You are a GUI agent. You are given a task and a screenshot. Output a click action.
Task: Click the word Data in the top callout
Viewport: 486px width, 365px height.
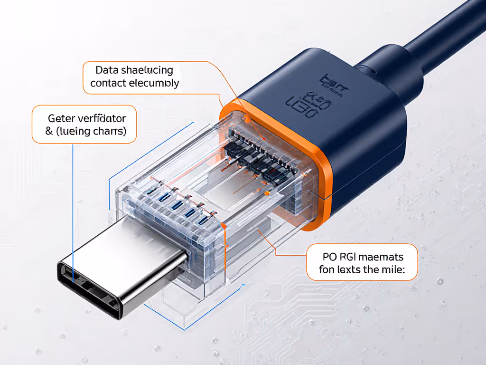(x=106, y=70)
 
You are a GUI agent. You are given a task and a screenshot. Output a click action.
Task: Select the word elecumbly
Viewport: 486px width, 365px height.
(x=154, y=83)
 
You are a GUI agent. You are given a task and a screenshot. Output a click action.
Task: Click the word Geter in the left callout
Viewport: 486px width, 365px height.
(x=62, y=118)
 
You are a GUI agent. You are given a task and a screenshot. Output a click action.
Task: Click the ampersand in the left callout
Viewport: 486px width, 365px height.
(x=49, y=131)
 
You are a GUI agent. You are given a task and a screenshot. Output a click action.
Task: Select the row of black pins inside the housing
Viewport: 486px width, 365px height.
(x=256, y=152)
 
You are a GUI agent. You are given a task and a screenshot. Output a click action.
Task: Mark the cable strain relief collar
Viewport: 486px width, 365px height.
(x=389, y=71)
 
